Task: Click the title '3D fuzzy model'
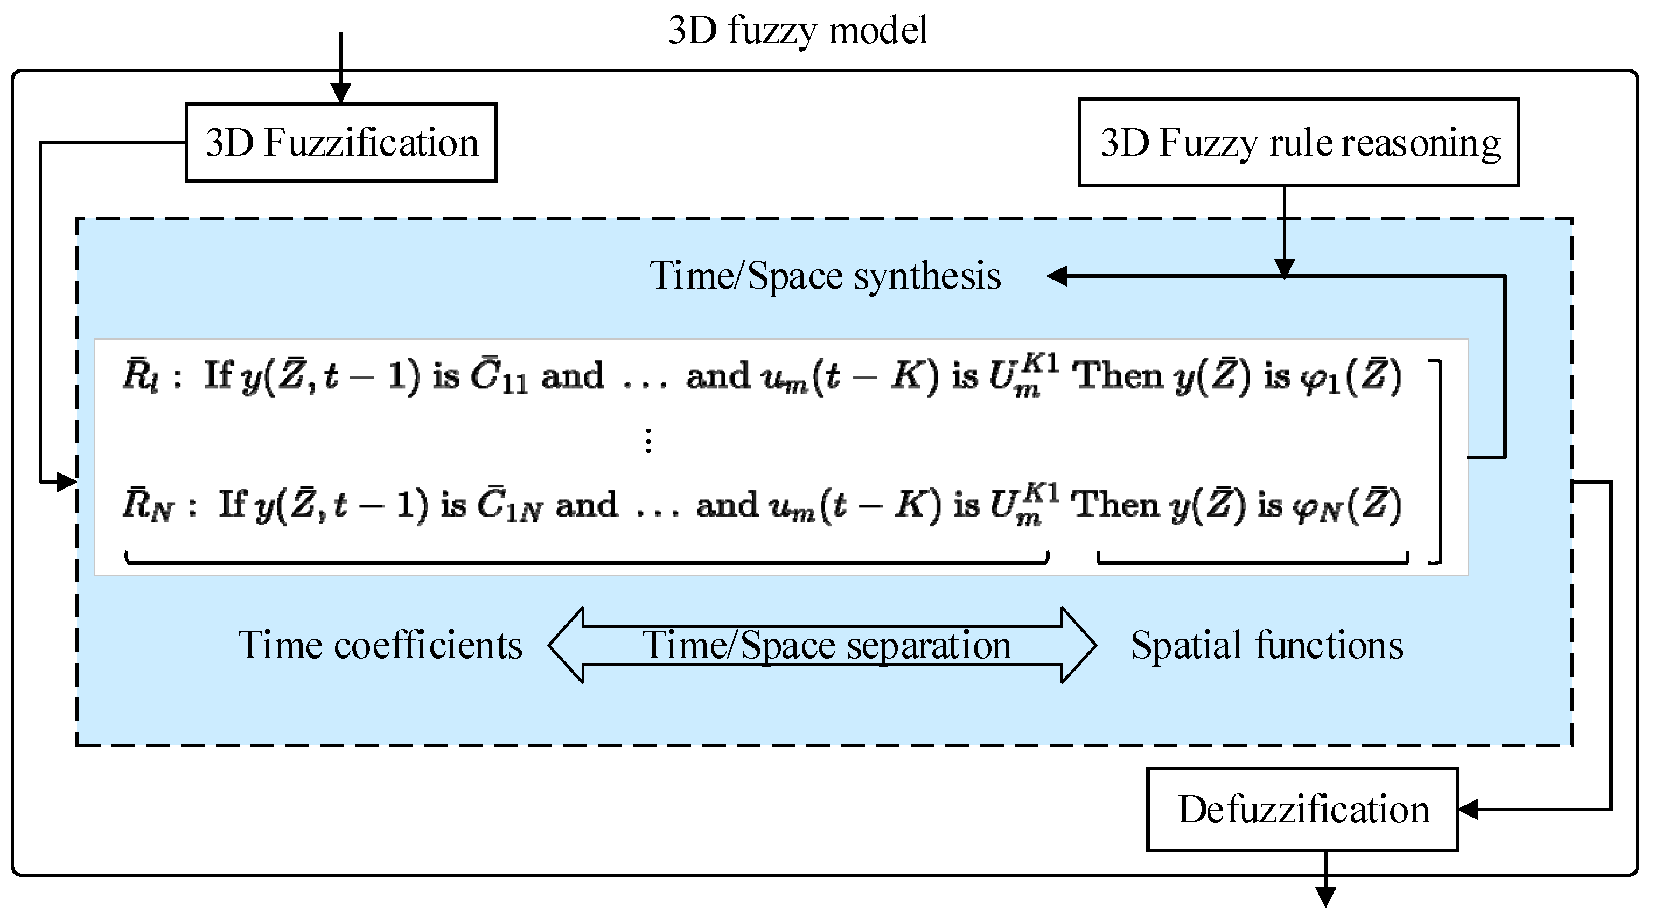[798, 30]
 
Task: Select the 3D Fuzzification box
[341, 143]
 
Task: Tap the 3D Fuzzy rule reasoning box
[1299, 143]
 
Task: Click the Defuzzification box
[1302, 810]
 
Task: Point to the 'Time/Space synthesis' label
[825, 276]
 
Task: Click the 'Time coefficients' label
[380, 645]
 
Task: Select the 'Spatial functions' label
[1266, 645]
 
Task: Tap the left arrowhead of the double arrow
[565, 645]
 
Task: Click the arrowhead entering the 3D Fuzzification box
[341, 94]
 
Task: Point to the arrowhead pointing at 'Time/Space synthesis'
[1057, 276]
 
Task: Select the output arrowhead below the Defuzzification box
[1325, 897]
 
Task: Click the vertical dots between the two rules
[648, 441]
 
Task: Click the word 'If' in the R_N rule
[233, 504]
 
